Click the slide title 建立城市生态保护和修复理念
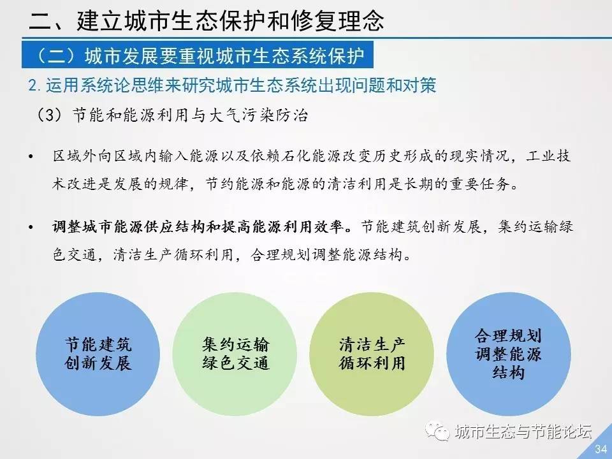point(230,20)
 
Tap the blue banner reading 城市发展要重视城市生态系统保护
point(198,55)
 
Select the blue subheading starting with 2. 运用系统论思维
point(232,85)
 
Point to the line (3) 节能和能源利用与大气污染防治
point(171,115)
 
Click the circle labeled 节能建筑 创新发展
point(98,354)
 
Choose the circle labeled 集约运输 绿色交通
point(235,354)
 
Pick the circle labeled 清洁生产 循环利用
point(372,354)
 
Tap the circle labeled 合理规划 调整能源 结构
point(509,354)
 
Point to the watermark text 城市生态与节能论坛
point(523,432)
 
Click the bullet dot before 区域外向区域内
point(31,157)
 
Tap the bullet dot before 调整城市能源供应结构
point(31,227)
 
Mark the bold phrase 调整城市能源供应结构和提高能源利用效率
point(198,227)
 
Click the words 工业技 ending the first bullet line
point(548,156)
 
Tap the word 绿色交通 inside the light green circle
point(235,363)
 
